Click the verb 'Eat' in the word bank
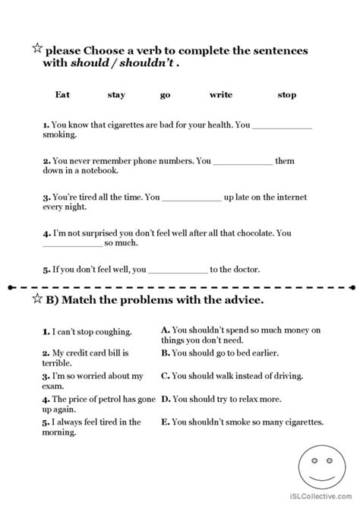pyautogui.click(x=63, y=95)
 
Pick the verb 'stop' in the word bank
pyautogui.click(x=287, y=95)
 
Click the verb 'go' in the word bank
pyautogui.click(x=166, y=95)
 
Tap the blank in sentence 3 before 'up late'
pyautogui.click(x=192, y=198)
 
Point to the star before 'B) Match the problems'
pyautogui.click(x=36, y=299)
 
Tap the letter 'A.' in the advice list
pyautogui.click(x=166, y=331)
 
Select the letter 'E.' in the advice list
pyautogui.click(x=166, y=422)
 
